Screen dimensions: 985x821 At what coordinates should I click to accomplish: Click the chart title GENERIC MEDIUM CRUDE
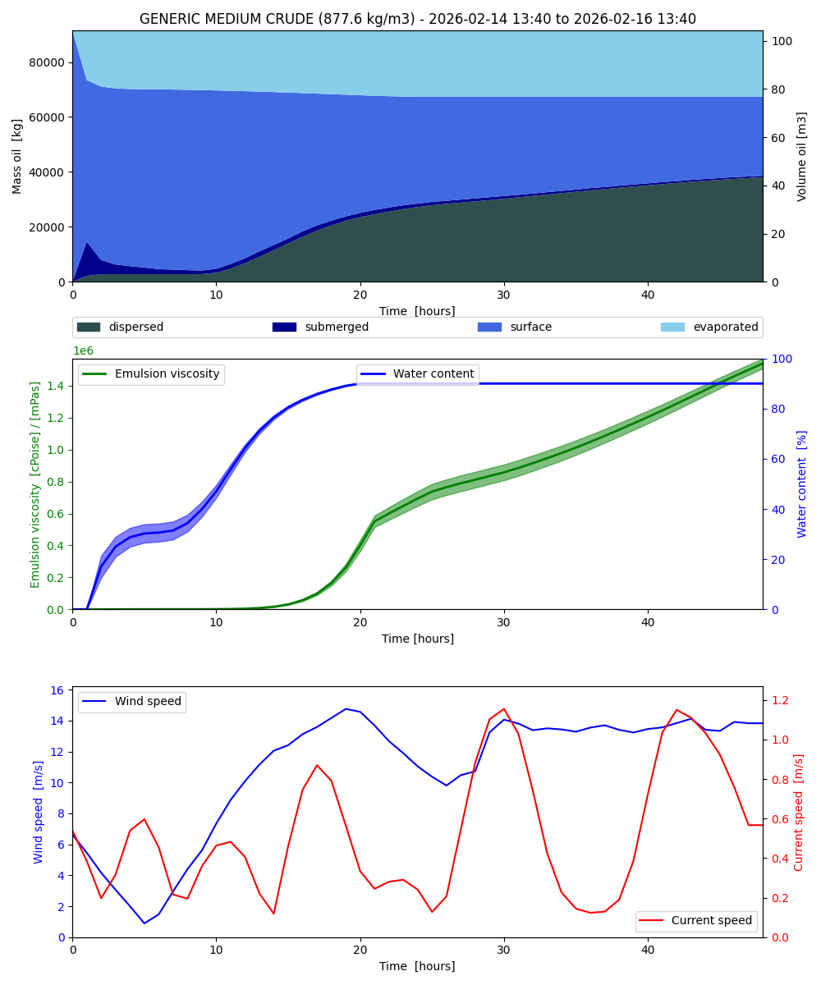pyautogui.click(x=417, y=19)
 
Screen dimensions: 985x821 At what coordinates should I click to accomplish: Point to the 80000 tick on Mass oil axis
pyautogui.click(x=48, y=62)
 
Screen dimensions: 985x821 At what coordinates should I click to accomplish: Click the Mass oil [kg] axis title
pyautogui.click(x=17, y=156)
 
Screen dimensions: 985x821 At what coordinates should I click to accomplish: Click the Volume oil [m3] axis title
pyautogui.click(x=802, y=156)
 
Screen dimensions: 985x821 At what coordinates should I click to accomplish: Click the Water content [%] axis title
pyautogui.click(x=802, y=483)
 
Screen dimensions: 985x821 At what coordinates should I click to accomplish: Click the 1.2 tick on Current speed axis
pyautogui.click(x=777, y=700)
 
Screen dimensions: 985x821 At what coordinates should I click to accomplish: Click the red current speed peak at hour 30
pyautogui.click(x=503, y=709)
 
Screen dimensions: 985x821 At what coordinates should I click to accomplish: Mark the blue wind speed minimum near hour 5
pyautogui.click(x=144, y=923)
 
